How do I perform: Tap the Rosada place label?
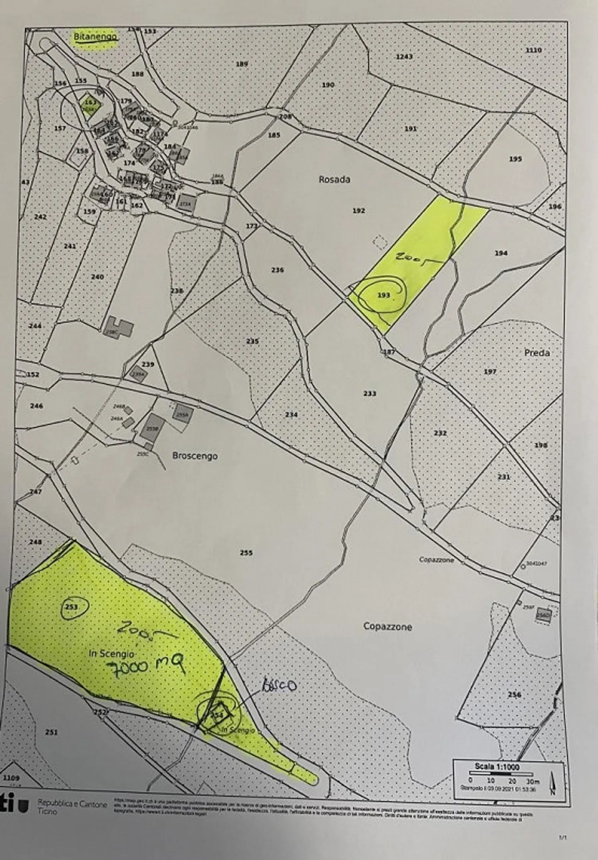(x=334, y=180)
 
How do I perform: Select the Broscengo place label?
(x=195, y=456)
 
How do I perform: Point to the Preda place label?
(x=537, y=353)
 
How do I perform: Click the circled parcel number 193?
(x=383, y=295)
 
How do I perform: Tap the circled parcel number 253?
(x=71, y=606)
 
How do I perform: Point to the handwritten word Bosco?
(x=279, y=686)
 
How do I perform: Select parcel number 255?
(x=246, y=553)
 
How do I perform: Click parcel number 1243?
(x=404, y=56)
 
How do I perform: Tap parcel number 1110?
(x=534, y=50)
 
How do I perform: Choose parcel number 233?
(x=369, y=393)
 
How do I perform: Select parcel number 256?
(x=514, y=695)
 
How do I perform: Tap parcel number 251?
(x=51, y=732)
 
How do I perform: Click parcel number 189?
(x=242, y=64)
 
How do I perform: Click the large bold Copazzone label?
(x=387, y=627)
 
